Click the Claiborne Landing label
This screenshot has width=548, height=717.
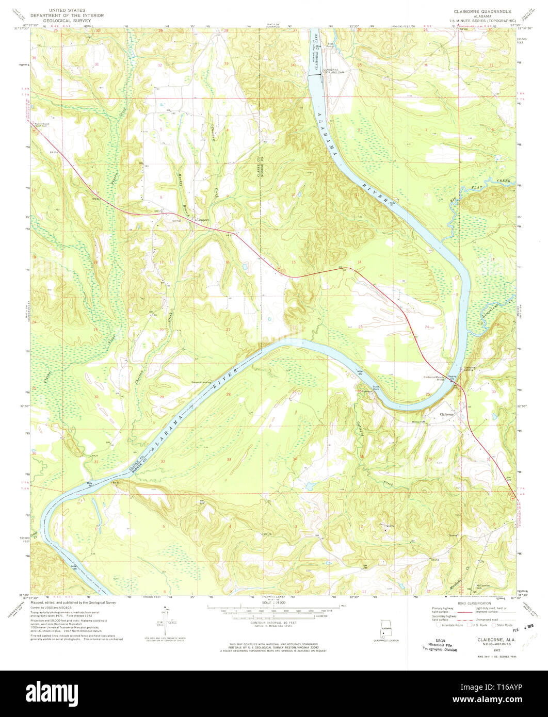469,369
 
